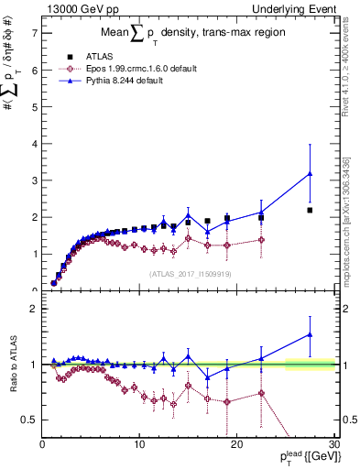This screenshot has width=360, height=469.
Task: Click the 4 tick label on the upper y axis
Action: pyautogui.click(x=34, y=144)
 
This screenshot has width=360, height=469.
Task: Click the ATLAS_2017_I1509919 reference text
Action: pyautogui.click(x=189, y=273)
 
